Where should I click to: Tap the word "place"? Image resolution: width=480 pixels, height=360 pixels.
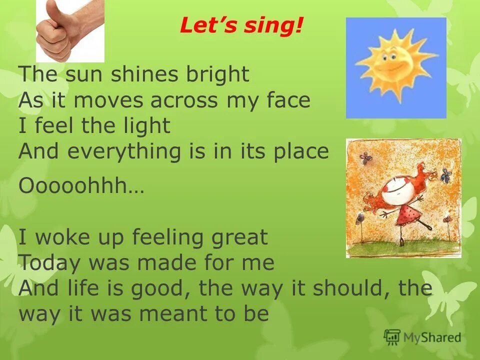click(300, 151)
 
